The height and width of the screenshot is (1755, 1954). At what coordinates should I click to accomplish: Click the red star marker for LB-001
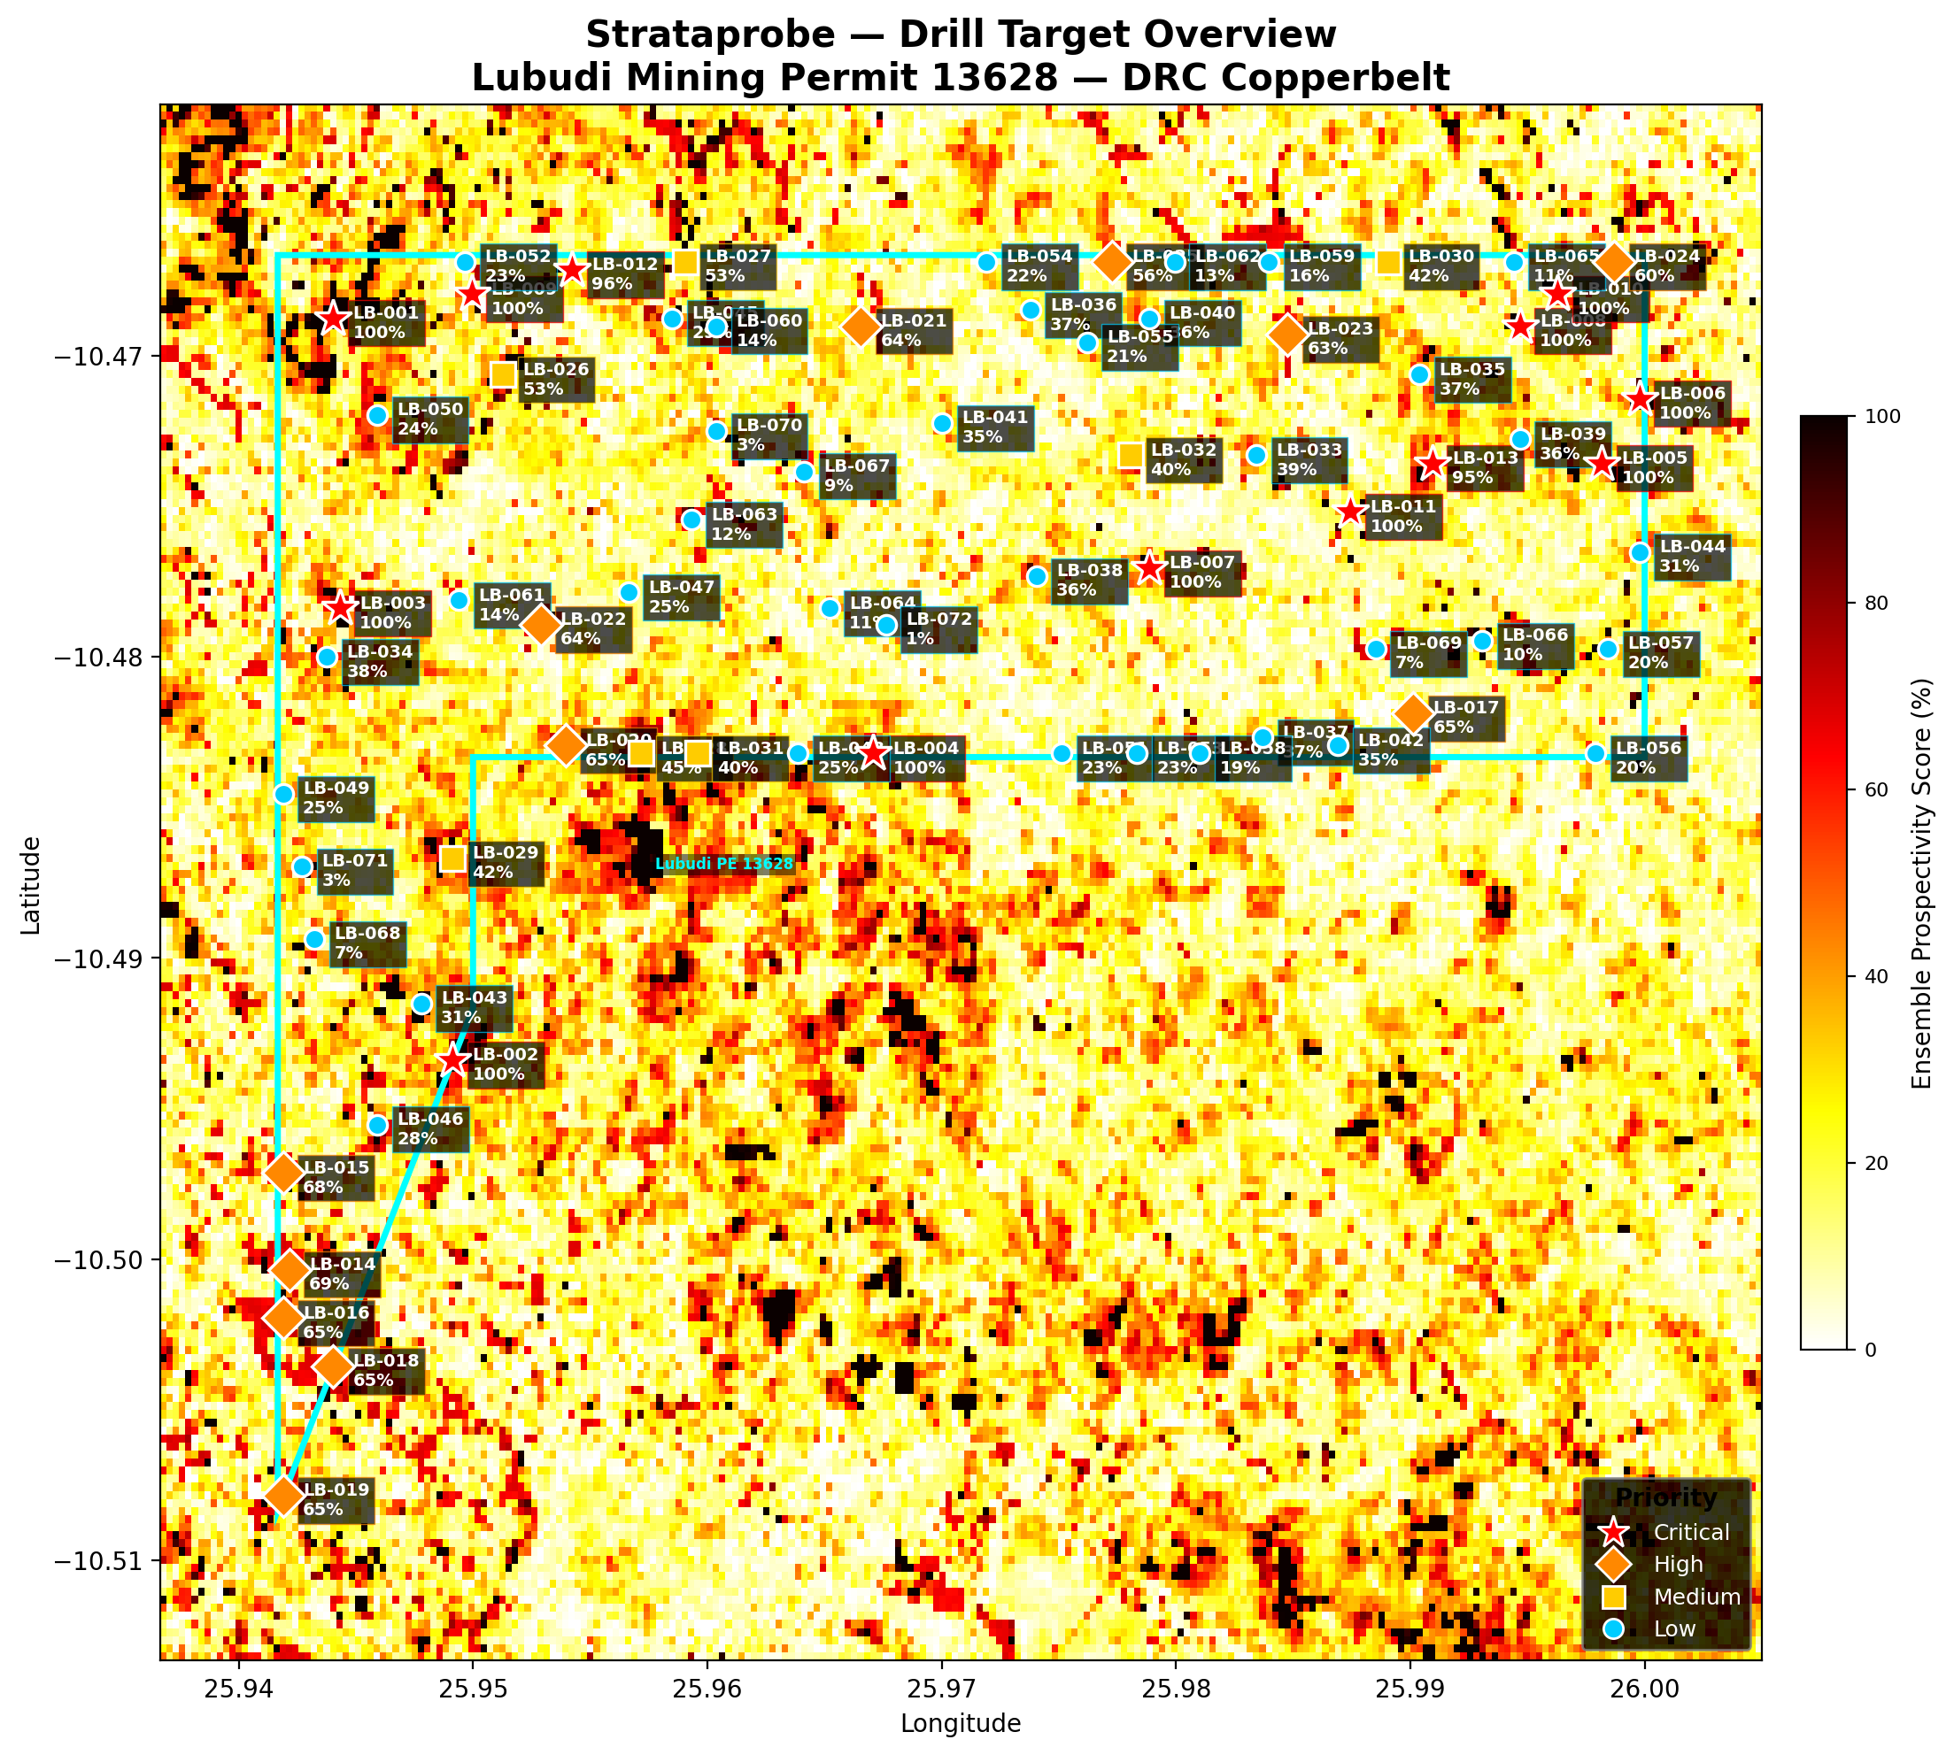333,319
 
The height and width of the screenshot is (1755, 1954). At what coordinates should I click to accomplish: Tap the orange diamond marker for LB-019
282,1496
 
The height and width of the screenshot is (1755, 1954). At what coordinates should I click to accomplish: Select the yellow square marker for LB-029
453,858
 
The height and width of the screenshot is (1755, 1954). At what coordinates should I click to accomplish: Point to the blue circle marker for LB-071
302,866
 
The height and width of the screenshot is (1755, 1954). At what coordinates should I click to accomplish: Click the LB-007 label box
1201,573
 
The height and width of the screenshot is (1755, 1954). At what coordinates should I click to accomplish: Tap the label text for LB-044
1693,557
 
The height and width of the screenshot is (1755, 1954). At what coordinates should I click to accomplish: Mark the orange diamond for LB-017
1413,714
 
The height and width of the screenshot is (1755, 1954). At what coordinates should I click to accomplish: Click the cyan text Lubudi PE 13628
723,864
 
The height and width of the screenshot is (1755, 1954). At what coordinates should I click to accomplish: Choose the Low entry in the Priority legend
1673,1628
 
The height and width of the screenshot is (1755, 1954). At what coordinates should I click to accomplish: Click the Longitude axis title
960,1723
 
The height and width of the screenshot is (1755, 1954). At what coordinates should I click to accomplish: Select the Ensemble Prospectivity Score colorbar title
1921,882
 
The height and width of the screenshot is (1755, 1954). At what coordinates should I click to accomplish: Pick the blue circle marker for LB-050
377,416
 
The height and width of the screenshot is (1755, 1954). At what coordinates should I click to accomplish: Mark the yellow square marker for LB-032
1131,455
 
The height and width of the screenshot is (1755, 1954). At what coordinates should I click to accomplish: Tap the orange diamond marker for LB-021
861,327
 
